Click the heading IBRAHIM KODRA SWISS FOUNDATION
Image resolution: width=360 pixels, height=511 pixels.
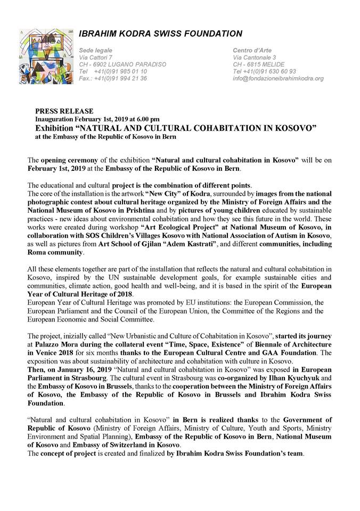pos(160,34)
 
